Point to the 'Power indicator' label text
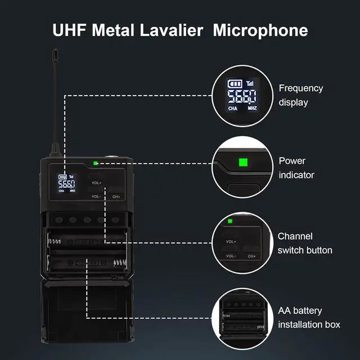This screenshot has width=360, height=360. point(296,168)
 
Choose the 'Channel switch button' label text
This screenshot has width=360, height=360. point(305,243)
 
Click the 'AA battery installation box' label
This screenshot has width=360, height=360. point(309,317)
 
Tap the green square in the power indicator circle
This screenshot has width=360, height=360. point(243,163)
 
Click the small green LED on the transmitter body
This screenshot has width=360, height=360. point(97,164)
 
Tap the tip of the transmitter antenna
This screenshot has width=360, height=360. point(55,55)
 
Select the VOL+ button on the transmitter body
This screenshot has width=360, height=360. point(96,182)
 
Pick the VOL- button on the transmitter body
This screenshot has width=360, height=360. point(96,196)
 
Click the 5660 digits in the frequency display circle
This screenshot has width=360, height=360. point(242,96)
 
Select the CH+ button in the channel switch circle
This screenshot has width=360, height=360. point(250,256)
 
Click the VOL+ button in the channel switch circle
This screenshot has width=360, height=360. point(231,241)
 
